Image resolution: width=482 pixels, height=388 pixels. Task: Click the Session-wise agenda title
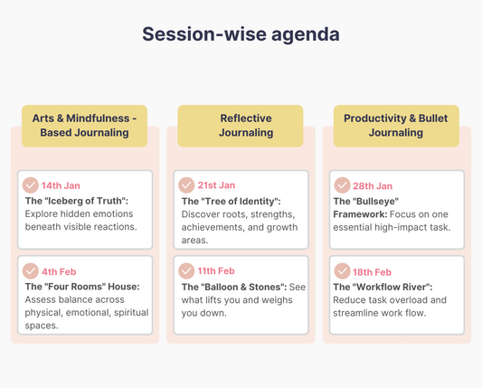(x=241, y=34)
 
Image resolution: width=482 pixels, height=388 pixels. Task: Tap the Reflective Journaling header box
(x=246, y=126)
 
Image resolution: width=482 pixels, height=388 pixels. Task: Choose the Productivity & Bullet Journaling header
(x=396, y=126)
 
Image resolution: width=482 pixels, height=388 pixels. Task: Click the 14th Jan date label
(x=61, y=185)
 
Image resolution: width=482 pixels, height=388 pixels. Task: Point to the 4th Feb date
(x=60, y=271)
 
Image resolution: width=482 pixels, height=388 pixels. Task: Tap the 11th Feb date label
(x=216, y=271)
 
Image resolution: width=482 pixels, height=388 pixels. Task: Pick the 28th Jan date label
(x=372, y=185)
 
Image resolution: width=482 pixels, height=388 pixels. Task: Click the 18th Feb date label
(x=372, y=272)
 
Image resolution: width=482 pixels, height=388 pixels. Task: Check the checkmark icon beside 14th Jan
(x=31, y=185)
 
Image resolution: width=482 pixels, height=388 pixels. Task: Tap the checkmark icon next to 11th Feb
(x=186, y=271)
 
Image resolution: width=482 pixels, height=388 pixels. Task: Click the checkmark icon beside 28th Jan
(x=342, y=185)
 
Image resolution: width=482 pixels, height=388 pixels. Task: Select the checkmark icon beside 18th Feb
(x=342, y=271)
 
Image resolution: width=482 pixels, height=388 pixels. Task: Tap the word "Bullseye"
(x=381, y=200)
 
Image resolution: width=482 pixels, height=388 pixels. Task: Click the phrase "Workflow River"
(x=392, y=287)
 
